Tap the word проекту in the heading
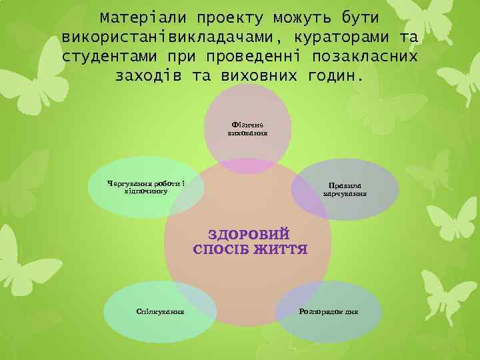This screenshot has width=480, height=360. tap(227, 15)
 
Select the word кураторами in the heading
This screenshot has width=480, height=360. tap(336, 35)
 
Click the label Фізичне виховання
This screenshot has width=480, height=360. tap(248, 129)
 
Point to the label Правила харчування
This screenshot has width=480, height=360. tap(345, 190)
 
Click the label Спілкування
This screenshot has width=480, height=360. tap(160, 311)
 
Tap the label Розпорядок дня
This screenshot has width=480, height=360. tap(329, 311)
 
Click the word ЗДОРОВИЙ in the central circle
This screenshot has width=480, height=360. tap(249, 235)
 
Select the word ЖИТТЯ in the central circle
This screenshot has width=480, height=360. tap(280, 250)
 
